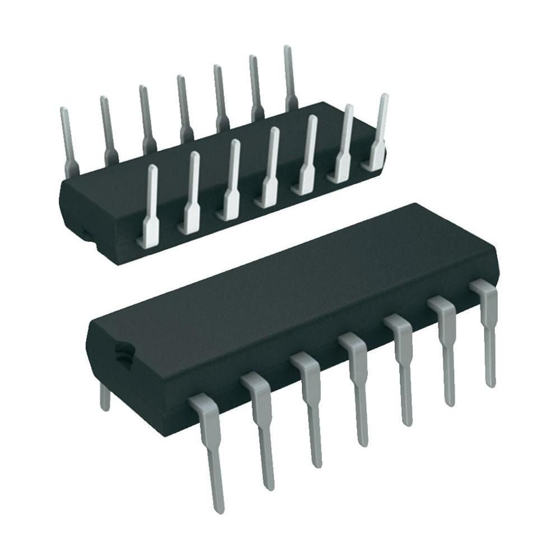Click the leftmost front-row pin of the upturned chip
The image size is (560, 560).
click(150, 207)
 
